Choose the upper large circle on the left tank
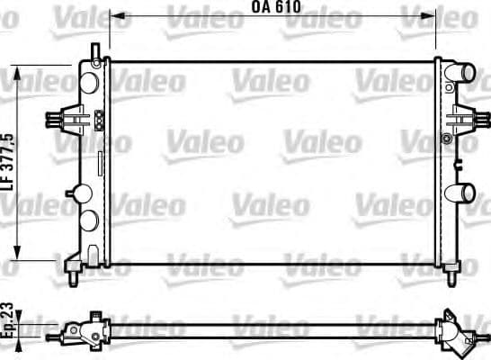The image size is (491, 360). pos(89,80)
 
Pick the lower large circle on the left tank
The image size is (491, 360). pos(89,221)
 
